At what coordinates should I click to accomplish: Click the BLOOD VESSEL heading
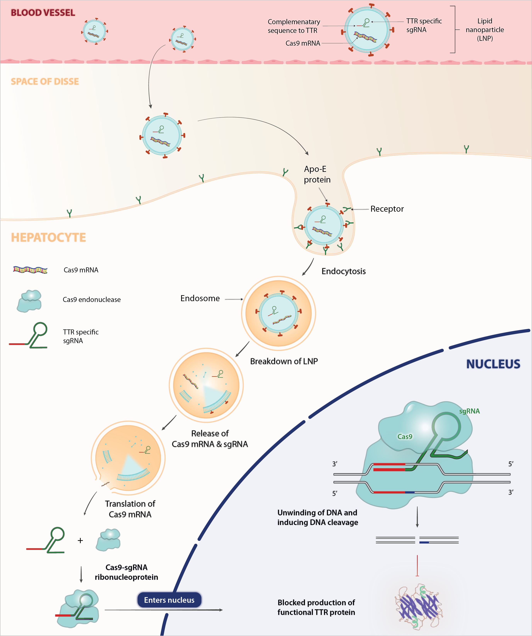[x=43, y=13]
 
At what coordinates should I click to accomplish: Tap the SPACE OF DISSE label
[x=45, y=81]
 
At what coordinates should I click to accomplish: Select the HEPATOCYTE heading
[x=48, y=237]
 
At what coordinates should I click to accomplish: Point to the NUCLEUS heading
[x=493, y=364]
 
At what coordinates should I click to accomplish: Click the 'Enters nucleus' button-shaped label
[x=169, y=600]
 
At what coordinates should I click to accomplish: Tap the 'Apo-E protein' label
[x=317, y=174]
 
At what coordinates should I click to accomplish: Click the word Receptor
[x=387, y=209]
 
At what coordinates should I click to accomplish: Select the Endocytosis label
[x=343, y=271]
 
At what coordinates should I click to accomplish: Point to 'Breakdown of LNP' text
[x=284, y=361]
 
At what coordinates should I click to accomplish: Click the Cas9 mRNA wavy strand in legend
[x=30, y=269]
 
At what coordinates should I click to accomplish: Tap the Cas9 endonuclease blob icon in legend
[x=29, y=301]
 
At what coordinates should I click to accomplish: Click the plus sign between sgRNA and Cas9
[x=80, y=541]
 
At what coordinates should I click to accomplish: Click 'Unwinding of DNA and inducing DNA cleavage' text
[x=318, y=517]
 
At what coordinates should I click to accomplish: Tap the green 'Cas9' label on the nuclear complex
[x=405, y=437]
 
